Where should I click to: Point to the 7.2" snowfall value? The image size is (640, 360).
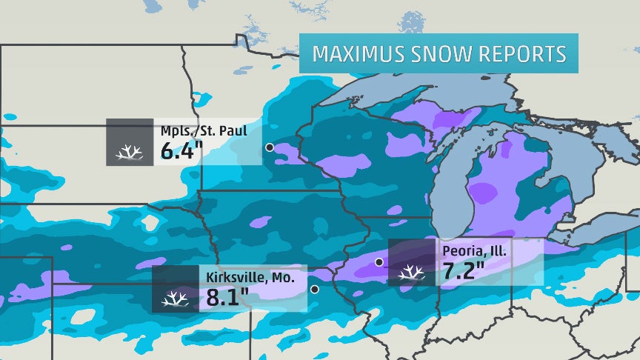tap(464, 271)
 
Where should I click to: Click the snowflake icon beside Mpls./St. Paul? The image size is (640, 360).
tap(130, 153)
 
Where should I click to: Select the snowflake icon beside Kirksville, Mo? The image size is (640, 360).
tap(176, 299)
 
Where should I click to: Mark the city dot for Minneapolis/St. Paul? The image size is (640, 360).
tap(269, 147)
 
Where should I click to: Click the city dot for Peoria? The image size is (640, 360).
tap(379, 261)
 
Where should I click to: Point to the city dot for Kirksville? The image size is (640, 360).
tap(315, 289)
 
